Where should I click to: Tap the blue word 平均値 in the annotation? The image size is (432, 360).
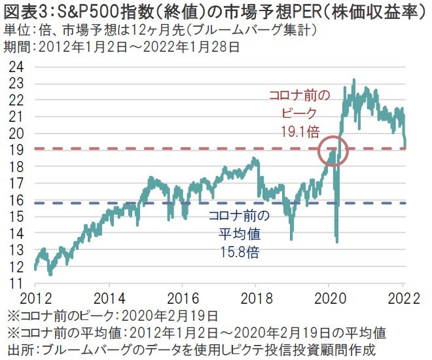click(x=238, y=234)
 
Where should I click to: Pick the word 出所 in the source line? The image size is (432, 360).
click(x=17, y=349)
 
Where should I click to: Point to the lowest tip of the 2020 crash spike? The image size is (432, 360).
click(x=337, y=242)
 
